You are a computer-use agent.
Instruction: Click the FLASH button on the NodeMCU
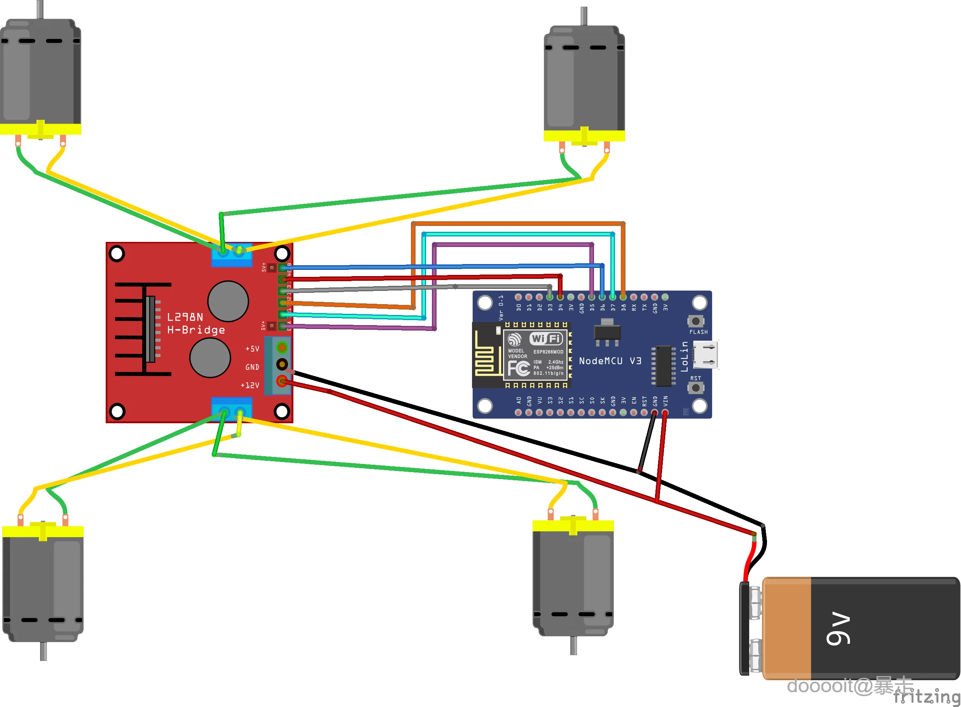[696, 321]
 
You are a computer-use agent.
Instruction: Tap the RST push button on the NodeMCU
[696, 388]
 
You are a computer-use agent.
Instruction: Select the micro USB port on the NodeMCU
[705, 355]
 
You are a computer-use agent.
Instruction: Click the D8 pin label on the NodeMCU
[624, 307]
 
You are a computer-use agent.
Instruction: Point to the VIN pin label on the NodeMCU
[665, 401]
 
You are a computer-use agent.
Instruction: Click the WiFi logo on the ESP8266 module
[546, 338]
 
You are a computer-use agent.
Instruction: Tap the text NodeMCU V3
[610, 361]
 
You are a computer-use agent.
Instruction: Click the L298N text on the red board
[185, 317]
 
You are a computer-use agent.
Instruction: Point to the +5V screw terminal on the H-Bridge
[282, 346]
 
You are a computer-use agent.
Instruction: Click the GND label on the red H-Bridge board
[252, 367]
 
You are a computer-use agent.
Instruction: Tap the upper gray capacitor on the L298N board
[228, 301]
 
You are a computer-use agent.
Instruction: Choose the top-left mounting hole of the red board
[117, 253]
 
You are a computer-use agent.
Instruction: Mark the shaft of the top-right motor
[584, 16]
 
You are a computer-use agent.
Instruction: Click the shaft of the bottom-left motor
[43, 651]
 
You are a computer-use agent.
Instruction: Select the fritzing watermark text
[926, 696]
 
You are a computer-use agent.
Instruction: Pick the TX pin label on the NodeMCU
[645, 307]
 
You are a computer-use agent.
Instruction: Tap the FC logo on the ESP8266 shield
[519, 368]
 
